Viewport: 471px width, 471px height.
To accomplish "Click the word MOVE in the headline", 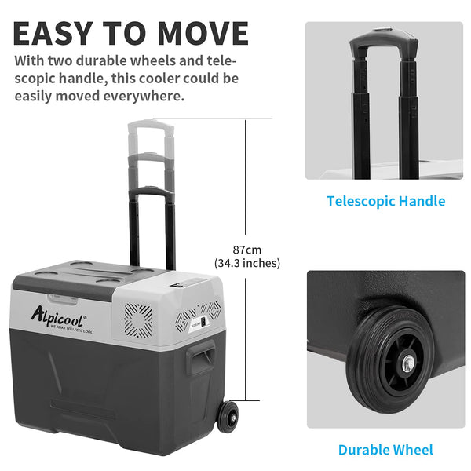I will [x=203, y=33].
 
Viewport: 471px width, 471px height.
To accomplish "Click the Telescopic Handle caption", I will [x=385, y=201].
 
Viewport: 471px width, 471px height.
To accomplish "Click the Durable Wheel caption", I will [x=385, y=450].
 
